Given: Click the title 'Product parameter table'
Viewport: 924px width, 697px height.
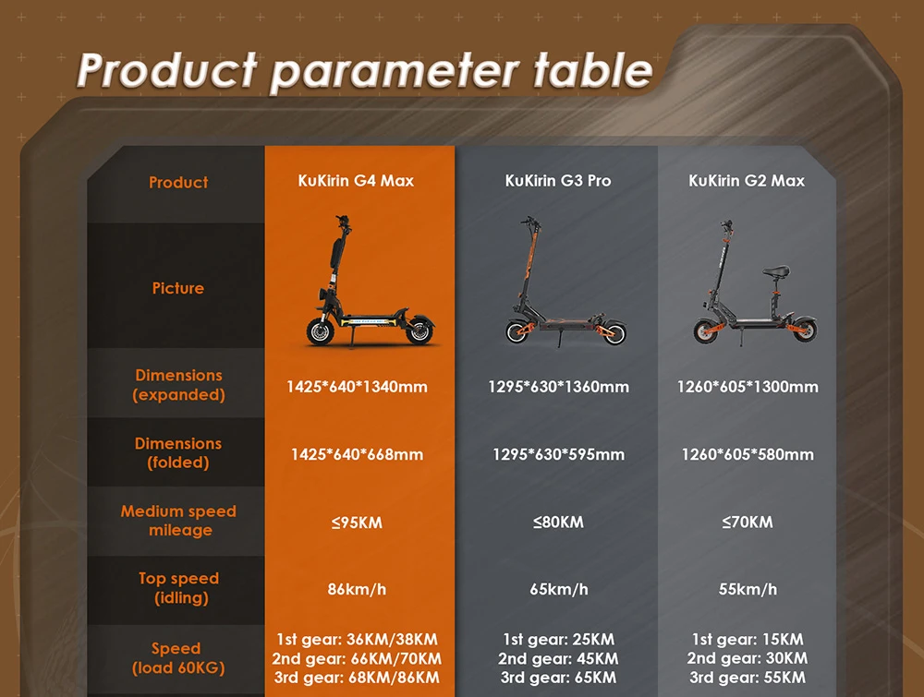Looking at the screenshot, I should (x=365, y=70).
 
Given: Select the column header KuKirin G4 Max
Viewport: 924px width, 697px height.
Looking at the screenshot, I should (x=356, y=181).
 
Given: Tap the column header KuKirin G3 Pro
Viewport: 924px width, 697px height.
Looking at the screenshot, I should (x=558, y=181).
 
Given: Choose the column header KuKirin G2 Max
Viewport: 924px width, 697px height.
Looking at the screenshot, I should (x=747, y=181).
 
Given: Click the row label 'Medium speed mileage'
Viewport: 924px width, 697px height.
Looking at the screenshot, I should (x=178, y=521).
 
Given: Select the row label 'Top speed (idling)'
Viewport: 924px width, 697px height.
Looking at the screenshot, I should (x=178, y=588).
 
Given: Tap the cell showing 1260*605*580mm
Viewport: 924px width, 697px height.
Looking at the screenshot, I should (x=748, y=454).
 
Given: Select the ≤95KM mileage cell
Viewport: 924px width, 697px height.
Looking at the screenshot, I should (x=357, y=523).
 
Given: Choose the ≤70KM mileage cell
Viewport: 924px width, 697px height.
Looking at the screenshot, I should (x=748, y=523).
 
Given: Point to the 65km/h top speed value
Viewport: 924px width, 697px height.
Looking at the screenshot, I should (x=558, y=589).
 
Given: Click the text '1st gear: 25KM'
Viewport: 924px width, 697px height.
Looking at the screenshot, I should (x=558, y=639).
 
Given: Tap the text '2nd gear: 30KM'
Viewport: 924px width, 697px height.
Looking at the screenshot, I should (x=748, y=658).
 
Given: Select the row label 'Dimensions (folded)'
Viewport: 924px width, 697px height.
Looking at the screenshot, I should (x=178, y=453).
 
